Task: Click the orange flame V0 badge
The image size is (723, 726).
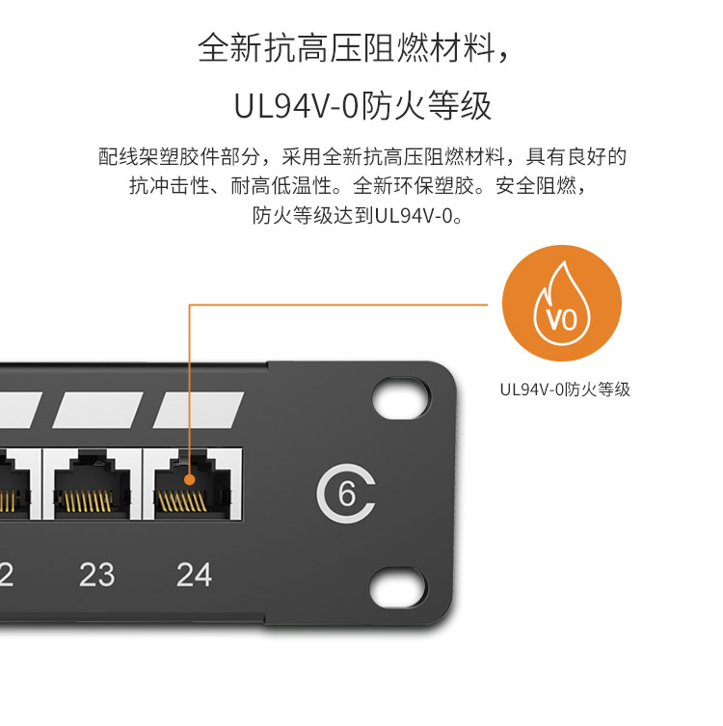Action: click(x=564, y=305)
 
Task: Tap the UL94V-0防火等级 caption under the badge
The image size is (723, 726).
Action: click(x=565, y=390)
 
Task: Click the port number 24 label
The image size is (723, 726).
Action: click(x=194, y=575)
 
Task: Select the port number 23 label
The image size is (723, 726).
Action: click(x=97, y=575)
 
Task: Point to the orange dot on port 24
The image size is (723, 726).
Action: click(x=190, y=478)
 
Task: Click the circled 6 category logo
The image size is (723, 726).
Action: click(x=346, y=495)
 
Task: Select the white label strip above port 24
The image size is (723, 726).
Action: click(x=199, y=410)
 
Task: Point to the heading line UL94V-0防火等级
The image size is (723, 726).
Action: click(x=362, y=105)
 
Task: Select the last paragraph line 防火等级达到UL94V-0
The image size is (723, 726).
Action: click(x=361, y=214)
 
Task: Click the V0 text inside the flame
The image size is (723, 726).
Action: click(x=563, y=317)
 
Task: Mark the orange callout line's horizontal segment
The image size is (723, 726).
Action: click(x=347, y=305)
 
